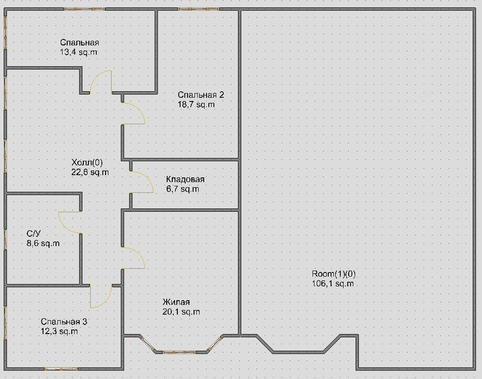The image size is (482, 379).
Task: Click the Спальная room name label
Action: pyautogui.click(x=79, y=42)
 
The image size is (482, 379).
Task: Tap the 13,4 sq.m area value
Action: pyautogui.click(x=79, y=52)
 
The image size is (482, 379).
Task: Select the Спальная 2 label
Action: pyautogui.click(x=201, y=95)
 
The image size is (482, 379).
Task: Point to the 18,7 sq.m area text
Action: pyautogui.click(x=196, y=104)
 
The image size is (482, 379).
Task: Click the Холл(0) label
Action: pyautogui.click(x=87, y=163)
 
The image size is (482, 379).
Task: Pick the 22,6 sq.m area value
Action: pyautogui.click(x=90, y=172)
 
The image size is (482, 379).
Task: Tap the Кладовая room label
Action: pyautogui.click(x=185, y=180)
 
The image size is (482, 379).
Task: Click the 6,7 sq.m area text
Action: pyautogui.click(x=182, y=189)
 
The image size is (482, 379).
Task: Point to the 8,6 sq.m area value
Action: pyautogui.click(x=43, y=243)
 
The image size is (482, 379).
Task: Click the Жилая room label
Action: pyautogui.click(x=176, y=303)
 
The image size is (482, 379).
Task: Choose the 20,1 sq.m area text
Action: pyautogui.click(x=181, y=312)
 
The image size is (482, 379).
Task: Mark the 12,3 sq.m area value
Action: pyautogui.click(x=59, y=331)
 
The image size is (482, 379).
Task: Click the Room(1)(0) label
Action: pyautogui.click(x=334, y=274)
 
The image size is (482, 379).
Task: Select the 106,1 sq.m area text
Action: pyautogui.click(x=332, y=283)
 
